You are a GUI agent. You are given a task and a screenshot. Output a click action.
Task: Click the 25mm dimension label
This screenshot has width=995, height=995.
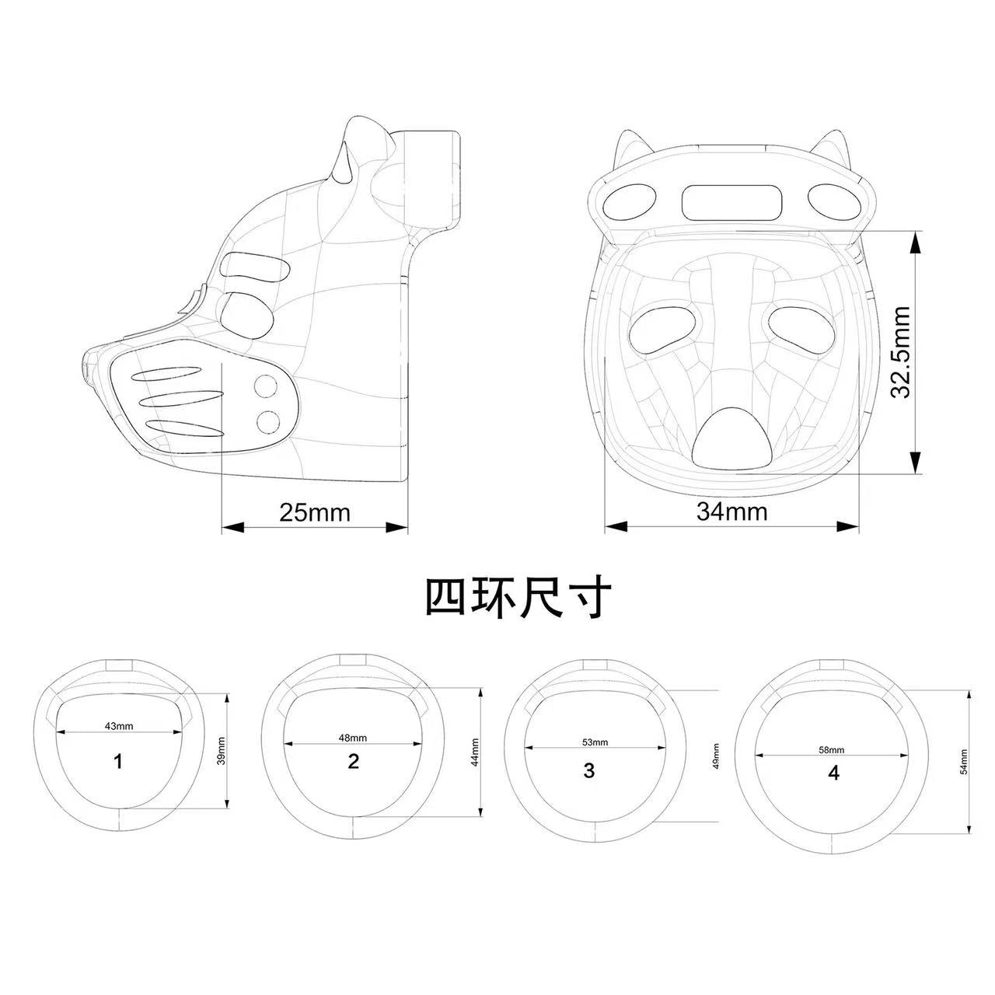pyautogui.click(x=315, y=513)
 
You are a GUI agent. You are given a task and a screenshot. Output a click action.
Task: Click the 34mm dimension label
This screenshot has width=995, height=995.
pyautogui.click(x=731, y=511)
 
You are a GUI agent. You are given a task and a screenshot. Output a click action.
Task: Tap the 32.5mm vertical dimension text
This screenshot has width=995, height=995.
pyautogui.click(x=900, y=352)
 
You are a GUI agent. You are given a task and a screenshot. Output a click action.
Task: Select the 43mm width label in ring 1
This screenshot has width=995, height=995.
pyautogui.click(x=119, y=726)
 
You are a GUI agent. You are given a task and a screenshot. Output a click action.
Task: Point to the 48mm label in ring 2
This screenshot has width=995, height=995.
pyautogui.click(x=353, y=738)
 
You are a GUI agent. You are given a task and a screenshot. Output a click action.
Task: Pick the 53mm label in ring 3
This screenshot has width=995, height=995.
pyautogui.click(x=595, y=742)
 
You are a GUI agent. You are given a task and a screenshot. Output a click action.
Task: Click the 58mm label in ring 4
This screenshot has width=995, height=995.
pyautogui.click(x=831, y=749)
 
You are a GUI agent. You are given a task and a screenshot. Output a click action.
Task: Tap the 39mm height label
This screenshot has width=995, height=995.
pyautogui.click(x=222, y=751)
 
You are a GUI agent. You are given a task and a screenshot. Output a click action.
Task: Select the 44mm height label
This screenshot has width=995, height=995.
pyautogui.click(x=475, y=752)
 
